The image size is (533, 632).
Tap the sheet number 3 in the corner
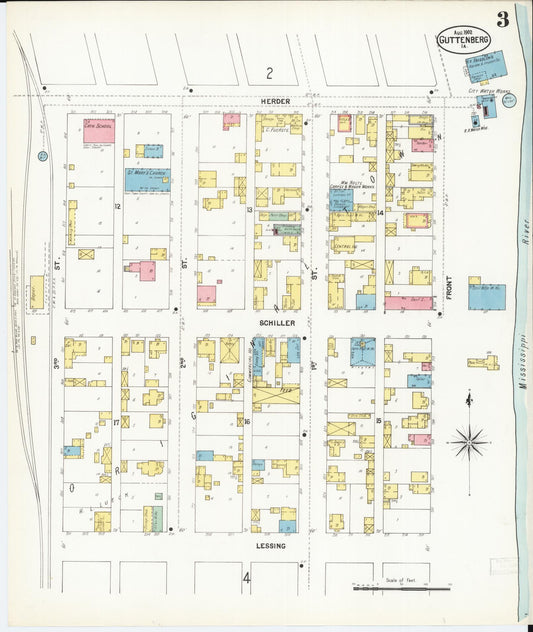501,19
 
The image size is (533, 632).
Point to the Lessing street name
271,546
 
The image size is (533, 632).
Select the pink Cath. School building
98,131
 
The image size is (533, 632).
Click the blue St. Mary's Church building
147,180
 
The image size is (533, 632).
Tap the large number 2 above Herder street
268,73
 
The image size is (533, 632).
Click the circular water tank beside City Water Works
509,100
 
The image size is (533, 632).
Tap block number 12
117,207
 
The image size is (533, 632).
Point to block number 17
117,423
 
